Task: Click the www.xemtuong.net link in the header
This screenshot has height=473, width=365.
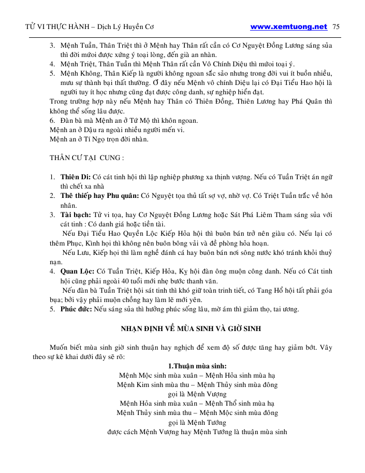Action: [x=288, y=26]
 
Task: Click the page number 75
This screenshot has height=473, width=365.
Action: [x=335, y=26]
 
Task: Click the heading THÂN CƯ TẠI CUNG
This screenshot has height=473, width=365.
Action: [x=86, y=157]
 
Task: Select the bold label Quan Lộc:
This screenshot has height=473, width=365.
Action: [x=78, y=270]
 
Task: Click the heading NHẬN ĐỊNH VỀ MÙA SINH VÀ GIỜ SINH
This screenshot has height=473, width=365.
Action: [x=191, y=328]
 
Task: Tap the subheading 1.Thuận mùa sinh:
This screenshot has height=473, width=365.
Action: [x=197, y=366]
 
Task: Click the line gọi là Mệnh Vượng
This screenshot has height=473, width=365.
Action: [x=197, y=394]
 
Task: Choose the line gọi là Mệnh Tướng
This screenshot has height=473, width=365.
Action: [x=197, y=422]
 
